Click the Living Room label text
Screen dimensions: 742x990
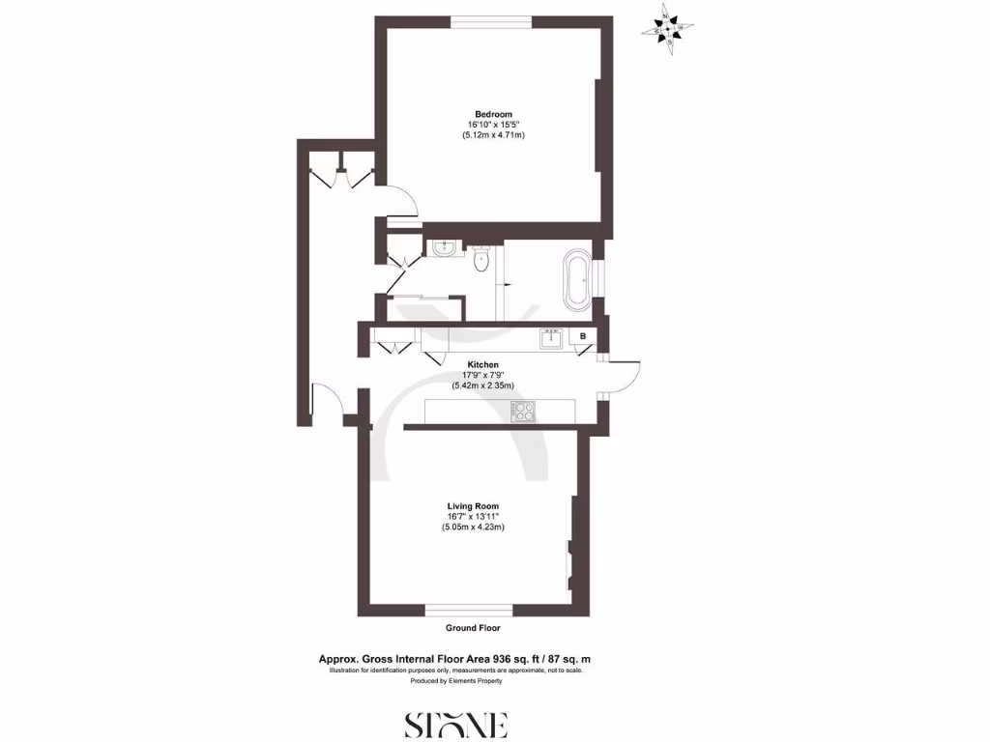pyautogui.click(x=473, y=506)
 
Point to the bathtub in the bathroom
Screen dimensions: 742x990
pyautogui.click(x=576, y=280)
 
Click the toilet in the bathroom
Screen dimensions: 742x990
pyautogui.click(x=482, y=259)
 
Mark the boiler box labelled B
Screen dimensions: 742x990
pyautogui.click(x=583, y=336)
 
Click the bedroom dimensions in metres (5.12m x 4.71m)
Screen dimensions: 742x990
pyautogui.click(x=493, y=135)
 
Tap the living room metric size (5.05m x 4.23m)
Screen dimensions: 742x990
pyautogui.click(x=473, y=528)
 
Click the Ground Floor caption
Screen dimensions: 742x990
pyautogui.click(x=473, y=628)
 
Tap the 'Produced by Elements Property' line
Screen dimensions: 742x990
pyautogui.click(x=455, y=681)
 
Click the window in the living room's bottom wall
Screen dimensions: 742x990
pyautogui.click(x=470, y=610)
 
